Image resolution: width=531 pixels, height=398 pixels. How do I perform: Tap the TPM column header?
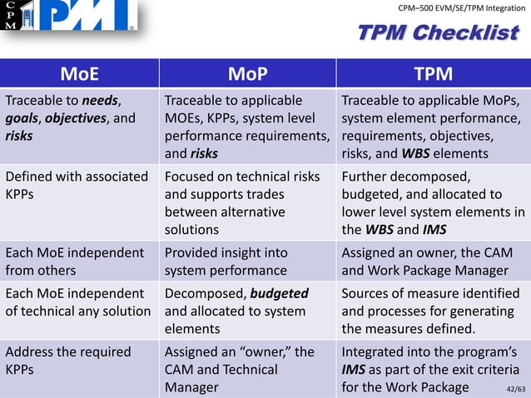pyautogui.click(x=433, y=75)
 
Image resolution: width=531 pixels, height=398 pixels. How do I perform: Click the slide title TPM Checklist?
pyautogui.click(x=437, y=33)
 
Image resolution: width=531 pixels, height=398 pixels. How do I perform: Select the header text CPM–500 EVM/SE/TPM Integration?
pyautogui.click(x=461, y=8)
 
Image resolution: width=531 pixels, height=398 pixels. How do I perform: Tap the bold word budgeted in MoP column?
pyautogui.click(x=279, y=293)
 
